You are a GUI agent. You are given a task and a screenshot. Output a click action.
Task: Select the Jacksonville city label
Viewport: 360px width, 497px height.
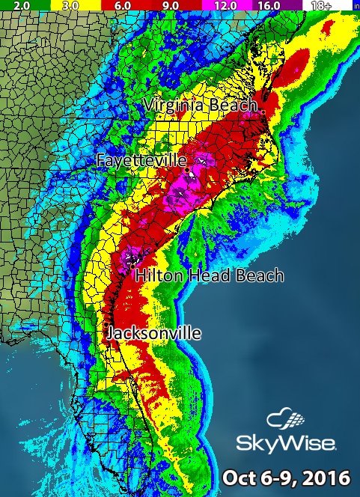(x=153, y=333)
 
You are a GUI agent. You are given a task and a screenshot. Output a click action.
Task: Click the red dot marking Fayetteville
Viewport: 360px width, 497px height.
(x=186, y=169)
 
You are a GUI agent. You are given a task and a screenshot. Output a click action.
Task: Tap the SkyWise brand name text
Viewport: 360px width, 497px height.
(x=286, y=444)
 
